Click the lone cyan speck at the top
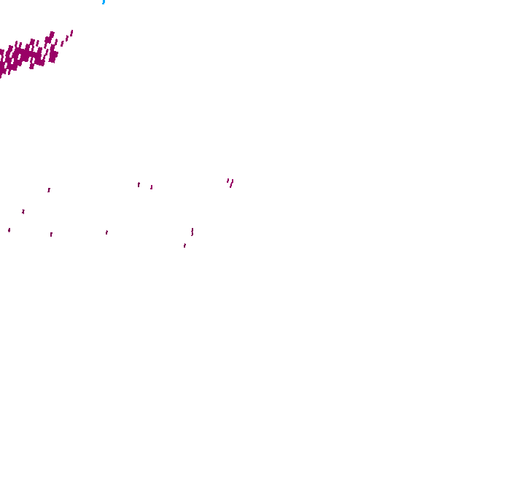click(104, 2)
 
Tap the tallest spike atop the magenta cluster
click(51, 34)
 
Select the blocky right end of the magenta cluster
click(53, 55)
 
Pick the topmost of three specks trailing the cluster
click(71, 32)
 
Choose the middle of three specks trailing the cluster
click(66, 38)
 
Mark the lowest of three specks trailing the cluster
click(61, 43)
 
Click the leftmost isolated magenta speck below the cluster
click(9, 230)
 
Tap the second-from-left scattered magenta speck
click(23, 211)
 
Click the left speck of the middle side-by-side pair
click(139, 184)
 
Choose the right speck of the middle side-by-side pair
click(152, 187)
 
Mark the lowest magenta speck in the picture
click(184, 245)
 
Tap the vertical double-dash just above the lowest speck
click(192, 232)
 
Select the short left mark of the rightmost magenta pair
click(227, 181)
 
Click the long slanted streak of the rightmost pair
click(231, 184)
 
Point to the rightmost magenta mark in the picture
click(232, 182)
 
